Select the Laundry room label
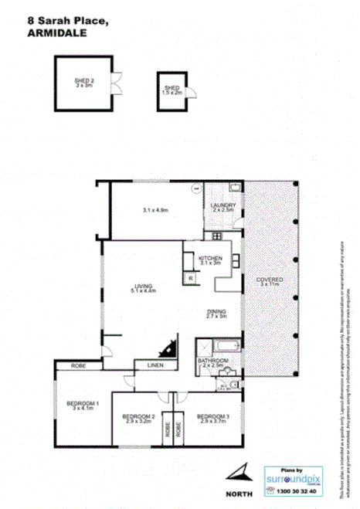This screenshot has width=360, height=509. (223, 205)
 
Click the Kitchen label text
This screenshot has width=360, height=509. (210, 259)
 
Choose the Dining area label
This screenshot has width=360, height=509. (217, 311)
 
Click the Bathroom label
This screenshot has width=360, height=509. (212, 361)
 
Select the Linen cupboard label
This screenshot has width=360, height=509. (155, 364)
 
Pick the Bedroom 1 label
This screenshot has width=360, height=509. (83, 404)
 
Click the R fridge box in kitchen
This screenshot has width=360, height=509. (189, 277)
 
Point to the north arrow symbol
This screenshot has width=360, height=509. (239, 472)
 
